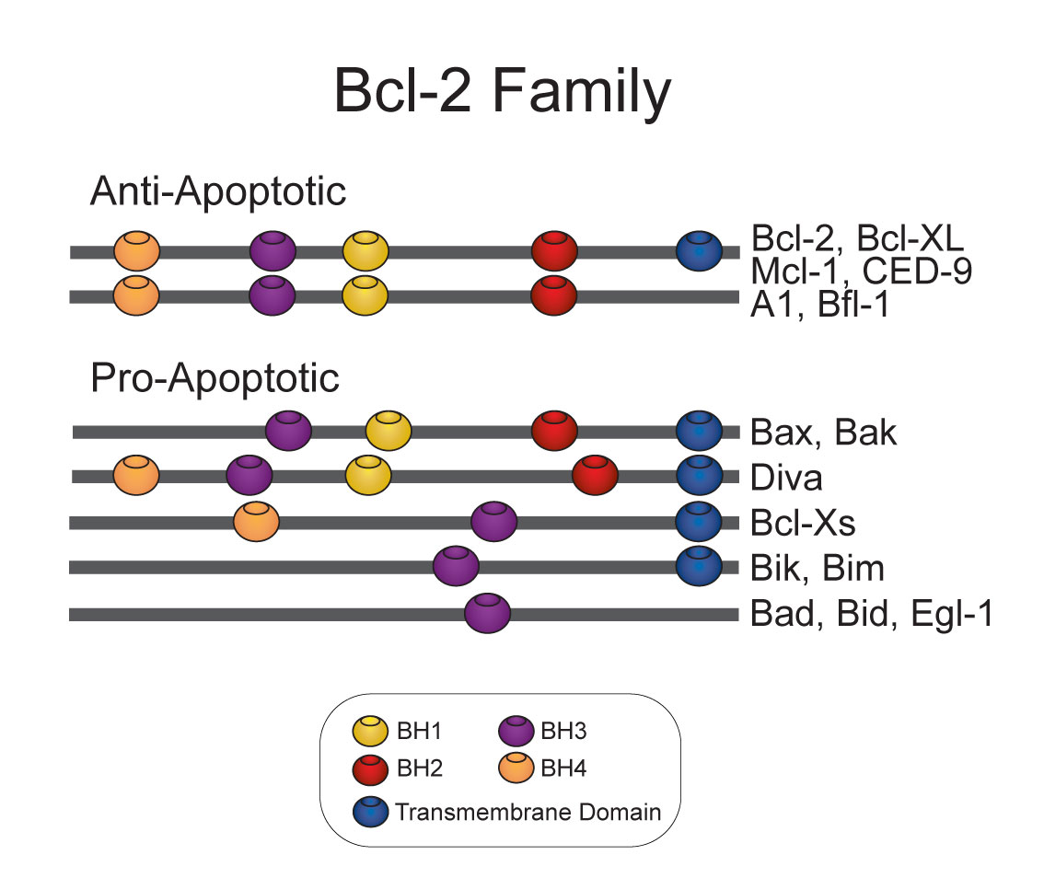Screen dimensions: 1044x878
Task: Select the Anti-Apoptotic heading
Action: [217, 191]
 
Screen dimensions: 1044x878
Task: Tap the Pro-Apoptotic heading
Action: [215, 379]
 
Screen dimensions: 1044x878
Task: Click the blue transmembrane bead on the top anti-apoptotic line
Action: [699, 251]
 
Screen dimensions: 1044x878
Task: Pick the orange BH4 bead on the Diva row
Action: [136, 475]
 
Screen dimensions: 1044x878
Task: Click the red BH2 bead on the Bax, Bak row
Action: [554, 431]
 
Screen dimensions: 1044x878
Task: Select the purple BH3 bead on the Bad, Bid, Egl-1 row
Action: [487, 613]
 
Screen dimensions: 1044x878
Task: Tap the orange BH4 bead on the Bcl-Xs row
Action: [256, 522]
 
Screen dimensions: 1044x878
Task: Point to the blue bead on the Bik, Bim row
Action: [699, 567]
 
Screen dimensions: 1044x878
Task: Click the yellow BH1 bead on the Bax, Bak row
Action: [389, 431]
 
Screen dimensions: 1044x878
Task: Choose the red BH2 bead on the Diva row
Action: [596, 475]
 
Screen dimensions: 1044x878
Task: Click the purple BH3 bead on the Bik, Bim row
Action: [456, 567]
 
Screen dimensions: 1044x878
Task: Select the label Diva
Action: [786, 478]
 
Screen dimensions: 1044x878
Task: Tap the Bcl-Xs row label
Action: [803, 523]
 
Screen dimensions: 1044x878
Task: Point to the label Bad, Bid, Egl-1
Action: [872, 614]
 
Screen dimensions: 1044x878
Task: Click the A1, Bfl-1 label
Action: [820, 305]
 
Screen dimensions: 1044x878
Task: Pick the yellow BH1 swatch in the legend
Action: [370, 731]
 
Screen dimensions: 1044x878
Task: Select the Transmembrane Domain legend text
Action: [528, 812]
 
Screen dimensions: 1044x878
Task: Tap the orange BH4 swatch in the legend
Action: [516, 768]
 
